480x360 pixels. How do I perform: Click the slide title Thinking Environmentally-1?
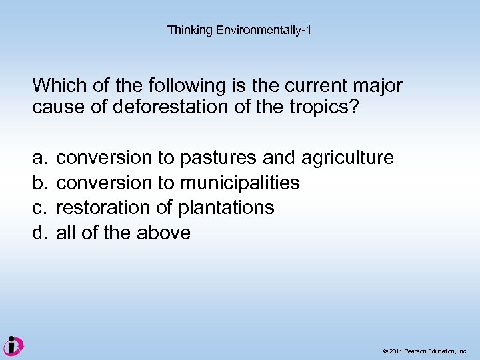(239, 30)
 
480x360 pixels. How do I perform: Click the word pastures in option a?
(219, 158)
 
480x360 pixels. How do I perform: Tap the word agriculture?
(347, 159)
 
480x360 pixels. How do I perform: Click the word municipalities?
(240, 183)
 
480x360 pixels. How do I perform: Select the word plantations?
(226, 208)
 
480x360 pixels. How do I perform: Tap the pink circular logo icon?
(13, 345)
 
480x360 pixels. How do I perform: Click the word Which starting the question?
(55, 86)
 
